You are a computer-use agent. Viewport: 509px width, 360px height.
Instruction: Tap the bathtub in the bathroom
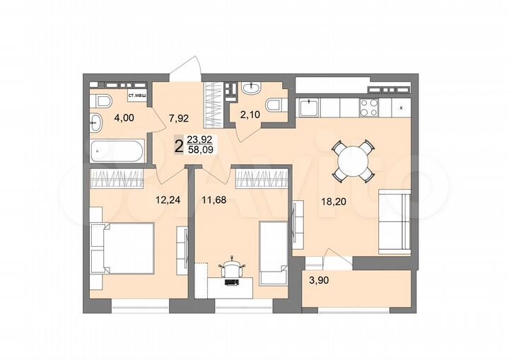(x=117, y=151)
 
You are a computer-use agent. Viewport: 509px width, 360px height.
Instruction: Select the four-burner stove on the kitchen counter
(x=369, y=108)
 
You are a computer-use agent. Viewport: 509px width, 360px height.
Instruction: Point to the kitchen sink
(x=308, y=108)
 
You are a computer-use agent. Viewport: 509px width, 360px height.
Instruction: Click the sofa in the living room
(x=393, y=221)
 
